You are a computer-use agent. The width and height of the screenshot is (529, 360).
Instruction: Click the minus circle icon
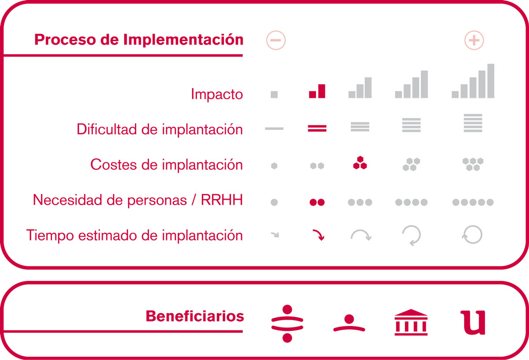[x=276, y=40]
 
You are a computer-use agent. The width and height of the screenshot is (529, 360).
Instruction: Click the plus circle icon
[x=474, y=40]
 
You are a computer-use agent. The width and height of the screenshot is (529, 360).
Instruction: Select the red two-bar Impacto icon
[x=317, y=91]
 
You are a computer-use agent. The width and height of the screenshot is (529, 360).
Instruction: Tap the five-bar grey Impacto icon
[x=473, y=81]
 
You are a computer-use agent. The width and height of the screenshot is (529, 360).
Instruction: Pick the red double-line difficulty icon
[x=317, y=128]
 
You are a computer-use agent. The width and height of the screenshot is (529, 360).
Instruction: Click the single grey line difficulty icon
[x=274, y=128]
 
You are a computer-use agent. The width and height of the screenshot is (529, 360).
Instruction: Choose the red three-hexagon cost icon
[x=360, y=163]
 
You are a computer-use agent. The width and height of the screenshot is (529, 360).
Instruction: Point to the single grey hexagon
[x=274, y=166]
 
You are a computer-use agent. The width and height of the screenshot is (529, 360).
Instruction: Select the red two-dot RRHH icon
[x=317, y=202]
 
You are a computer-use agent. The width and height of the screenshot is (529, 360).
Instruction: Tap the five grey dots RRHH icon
[x=473, y=202]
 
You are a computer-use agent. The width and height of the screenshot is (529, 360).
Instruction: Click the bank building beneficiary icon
[x=411, y=322]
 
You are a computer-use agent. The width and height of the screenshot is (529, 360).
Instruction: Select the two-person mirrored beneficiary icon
[x=287, y=323]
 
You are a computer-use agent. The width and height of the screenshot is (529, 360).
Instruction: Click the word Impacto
[x=217, y=94]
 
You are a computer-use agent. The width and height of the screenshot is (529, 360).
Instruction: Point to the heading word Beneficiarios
[x=195, y=316]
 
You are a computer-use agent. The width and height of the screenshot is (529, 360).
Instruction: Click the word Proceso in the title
[x=65, y=39]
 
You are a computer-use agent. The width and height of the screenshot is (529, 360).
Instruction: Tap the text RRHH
[x=222, y=200]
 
